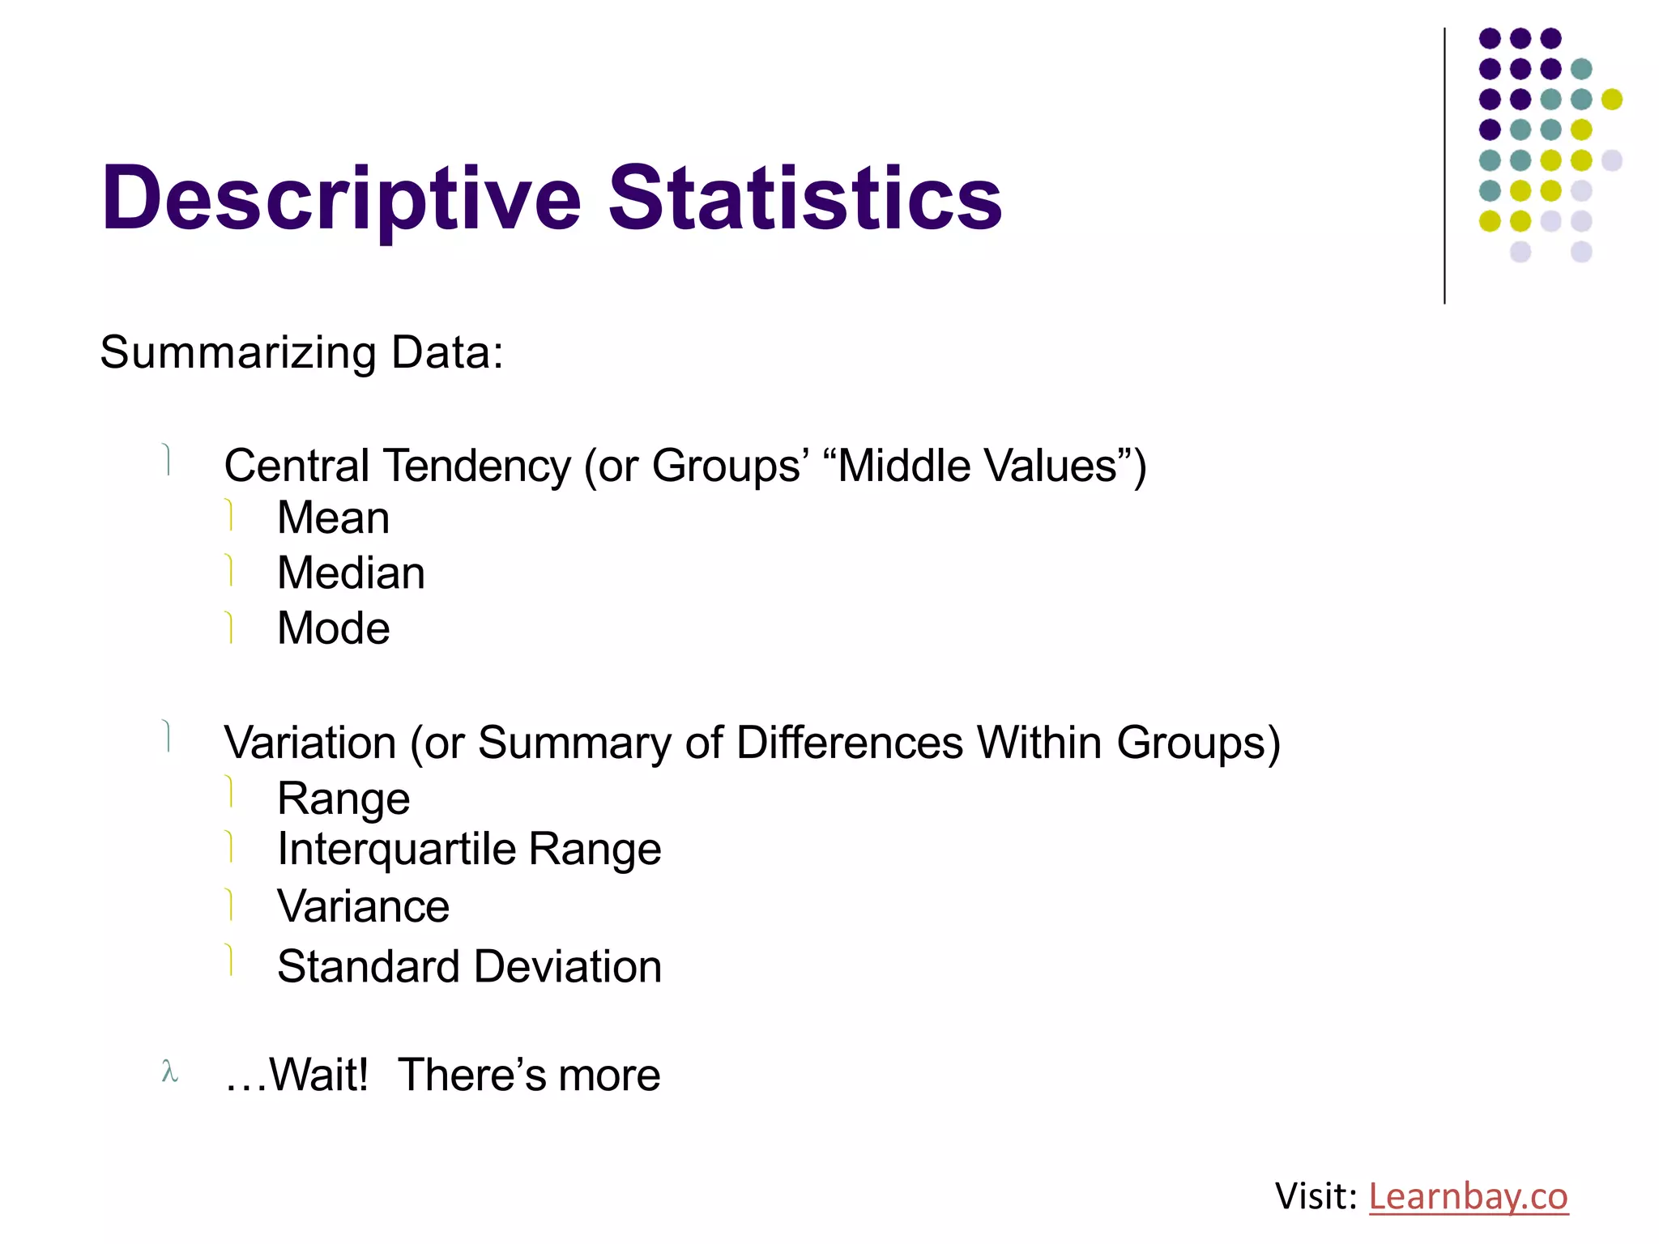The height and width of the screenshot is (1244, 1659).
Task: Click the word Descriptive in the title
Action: point(340,198)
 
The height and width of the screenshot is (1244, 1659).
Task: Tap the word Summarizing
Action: point(238,353)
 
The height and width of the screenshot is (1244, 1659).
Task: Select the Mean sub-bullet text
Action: point(333,518)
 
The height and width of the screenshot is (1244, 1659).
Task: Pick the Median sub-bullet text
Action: point(351,573)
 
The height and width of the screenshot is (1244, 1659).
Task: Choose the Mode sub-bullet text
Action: point(333,628)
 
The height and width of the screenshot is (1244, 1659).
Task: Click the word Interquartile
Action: point(396,850)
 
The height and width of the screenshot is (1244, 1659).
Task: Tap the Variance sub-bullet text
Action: point(363,906)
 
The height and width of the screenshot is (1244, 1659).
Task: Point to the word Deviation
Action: point(567,967)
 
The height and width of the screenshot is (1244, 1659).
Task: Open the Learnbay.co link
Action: point(1468,1196)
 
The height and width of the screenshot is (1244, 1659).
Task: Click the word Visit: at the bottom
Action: point(1316,1196)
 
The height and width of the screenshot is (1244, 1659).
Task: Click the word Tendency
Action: point(477,466)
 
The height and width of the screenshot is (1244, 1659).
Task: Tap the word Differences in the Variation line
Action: point(850,743)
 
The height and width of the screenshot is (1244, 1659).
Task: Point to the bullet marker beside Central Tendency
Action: point(167,459)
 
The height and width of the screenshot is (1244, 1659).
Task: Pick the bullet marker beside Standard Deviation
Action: point(230,960)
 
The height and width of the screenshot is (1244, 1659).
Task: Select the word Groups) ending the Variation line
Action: point(1198,743)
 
